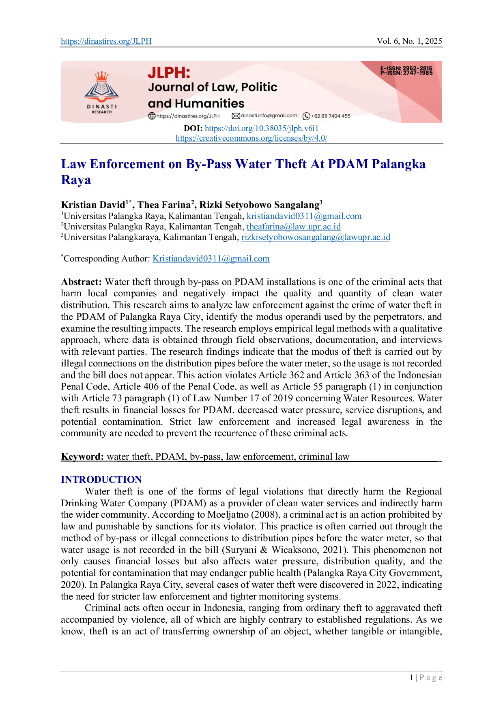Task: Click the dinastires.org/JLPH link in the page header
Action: click(x=106, y=41)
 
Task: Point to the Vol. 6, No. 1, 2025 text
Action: click(x=409, y=41)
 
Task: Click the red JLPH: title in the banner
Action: click(x=169, y=73)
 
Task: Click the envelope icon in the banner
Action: click(x=236, y=116)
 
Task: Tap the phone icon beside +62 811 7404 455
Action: click(x=307, y=116)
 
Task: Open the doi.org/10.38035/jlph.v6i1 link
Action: click(x=262, y=128)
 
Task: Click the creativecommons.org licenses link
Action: click(x=251, y=138)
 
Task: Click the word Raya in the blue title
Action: click(x=76, y=180)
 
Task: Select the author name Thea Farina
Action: click(x=164, y=205)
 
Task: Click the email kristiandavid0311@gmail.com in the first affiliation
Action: click(x=304, y=216)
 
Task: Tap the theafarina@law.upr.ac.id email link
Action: click(x=294, y=227)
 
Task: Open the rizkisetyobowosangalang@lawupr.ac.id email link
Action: click(x=316, y=237)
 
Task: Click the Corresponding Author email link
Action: click(x=211, y=259)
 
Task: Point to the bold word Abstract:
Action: click(x=82, y=282)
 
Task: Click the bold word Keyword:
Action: click(x=83, y=456)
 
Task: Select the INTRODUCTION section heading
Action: click(x=101, y=480)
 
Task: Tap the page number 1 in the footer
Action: click(x=411, y=678)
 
